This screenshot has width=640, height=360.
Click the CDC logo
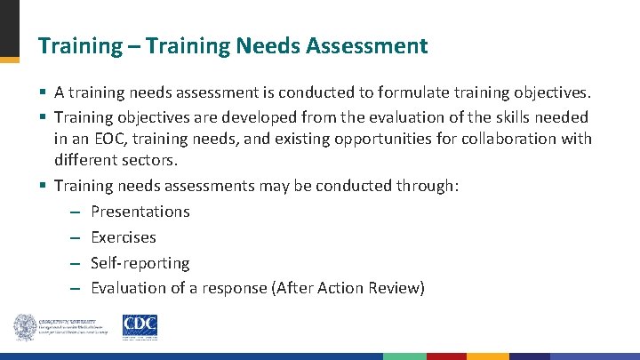(140, 327)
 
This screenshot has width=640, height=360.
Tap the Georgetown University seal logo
(25, 327)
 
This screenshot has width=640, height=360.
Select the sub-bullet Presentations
(140, 212)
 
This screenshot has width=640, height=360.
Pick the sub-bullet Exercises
(124, 237)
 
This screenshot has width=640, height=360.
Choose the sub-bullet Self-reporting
(140, 263)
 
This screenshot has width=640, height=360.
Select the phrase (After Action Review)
(349, 288)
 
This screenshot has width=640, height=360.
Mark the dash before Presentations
(76, 212)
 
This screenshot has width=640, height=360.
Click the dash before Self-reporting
(76, 264)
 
